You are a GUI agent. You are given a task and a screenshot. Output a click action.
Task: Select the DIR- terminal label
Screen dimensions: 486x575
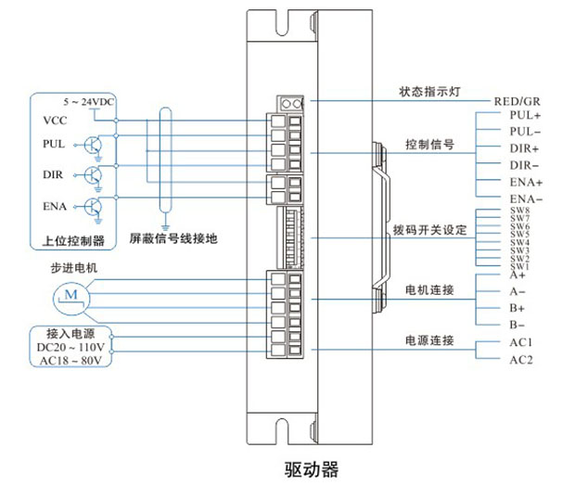[x=524, y=165]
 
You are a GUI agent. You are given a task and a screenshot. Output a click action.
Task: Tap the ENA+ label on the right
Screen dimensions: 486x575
[x=525, y=182]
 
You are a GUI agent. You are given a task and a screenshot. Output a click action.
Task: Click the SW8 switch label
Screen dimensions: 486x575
[x=519, y=211]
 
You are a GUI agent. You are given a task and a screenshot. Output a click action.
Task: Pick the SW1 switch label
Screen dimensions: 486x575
[x=519, y=266]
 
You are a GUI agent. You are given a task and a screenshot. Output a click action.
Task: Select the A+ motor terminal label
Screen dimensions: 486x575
[x=517, y=275]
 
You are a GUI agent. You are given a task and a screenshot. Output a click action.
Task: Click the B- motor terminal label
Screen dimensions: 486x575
[x=517, y=325]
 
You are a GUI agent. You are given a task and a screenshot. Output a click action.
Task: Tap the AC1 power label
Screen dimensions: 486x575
[x=520, y=342]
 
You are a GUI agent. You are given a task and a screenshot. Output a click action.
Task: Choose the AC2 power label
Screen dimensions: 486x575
[x=520, y=359]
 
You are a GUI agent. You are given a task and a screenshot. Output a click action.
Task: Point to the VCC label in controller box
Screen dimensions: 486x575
[x=53, y=121]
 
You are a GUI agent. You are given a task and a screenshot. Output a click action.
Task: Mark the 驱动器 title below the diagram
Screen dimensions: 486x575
[x=311, y=468]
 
